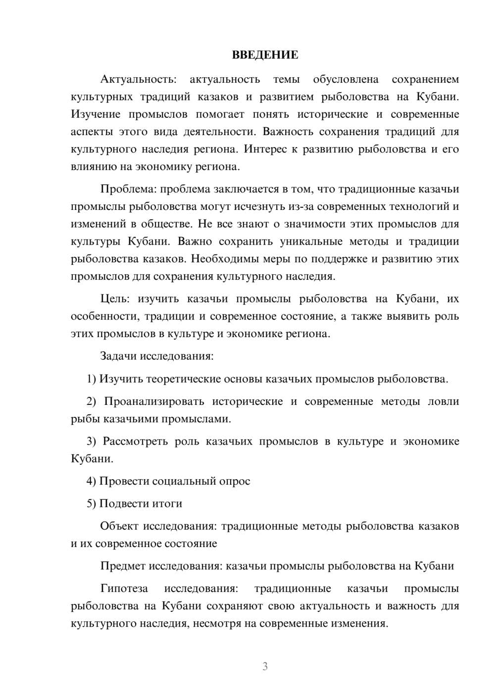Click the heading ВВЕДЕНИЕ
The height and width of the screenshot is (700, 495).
(x=265, y=55)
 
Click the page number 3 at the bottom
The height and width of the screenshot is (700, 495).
(x=265, y=666)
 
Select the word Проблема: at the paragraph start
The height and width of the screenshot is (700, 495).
(x=128, y=189)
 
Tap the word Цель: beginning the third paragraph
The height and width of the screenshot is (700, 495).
(x=115, y=299)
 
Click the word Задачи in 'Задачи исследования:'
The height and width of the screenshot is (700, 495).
(x=118, y=356)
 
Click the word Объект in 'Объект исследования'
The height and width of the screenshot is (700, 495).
(x=119, y=526)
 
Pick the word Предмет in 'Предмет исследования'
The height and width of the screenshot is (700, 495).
(x=123, y=566)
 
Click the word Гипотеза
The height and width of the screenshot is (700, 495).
(x=124, y=589)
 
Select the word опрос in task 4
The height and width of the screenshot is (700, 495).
(x=235, y=481)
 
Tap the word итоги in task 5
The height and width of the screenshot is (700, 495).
(x=167, y=503)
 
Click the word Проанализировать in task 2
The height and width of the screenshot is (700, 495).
(x=154, y=401)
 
